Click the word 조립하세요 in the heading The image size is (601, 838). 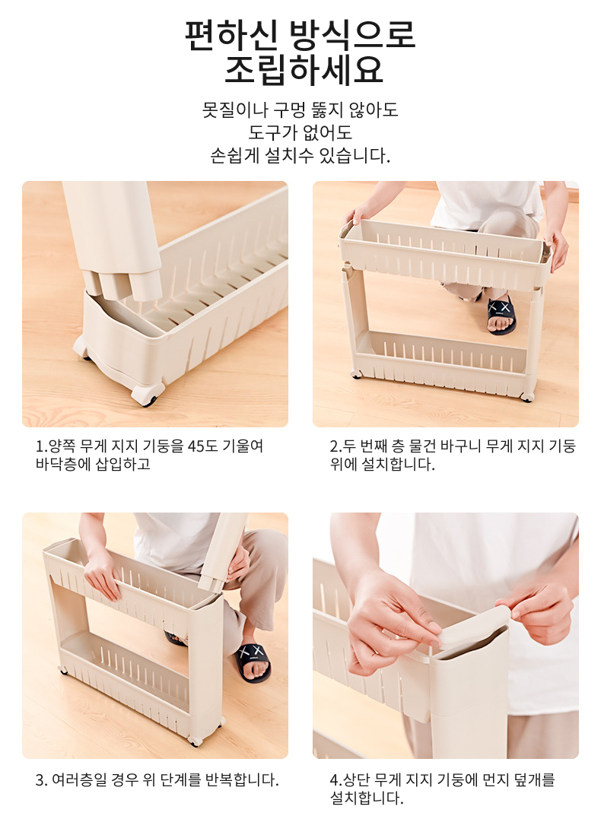[304, 70]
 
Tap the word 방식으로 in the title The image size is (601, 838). [351, 35]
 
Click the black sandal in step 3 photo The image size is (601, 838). [252, 662]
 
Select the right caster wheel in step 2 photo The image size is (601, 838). [526, 396]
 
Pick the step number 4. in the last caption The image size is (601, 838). [335, 779]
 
